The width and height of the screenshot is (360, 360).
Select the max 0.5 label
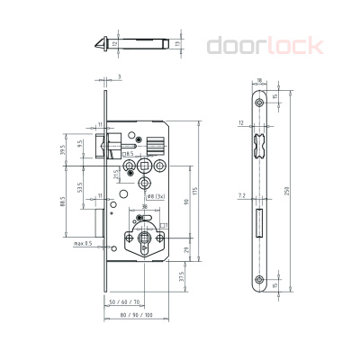click(x=83, y=243)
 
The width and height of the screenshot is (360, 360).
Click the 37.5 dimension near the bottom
click(x=184, y=277)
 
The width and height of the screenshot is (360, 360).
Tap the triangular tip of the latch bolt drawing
click(x=98, y=42)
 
